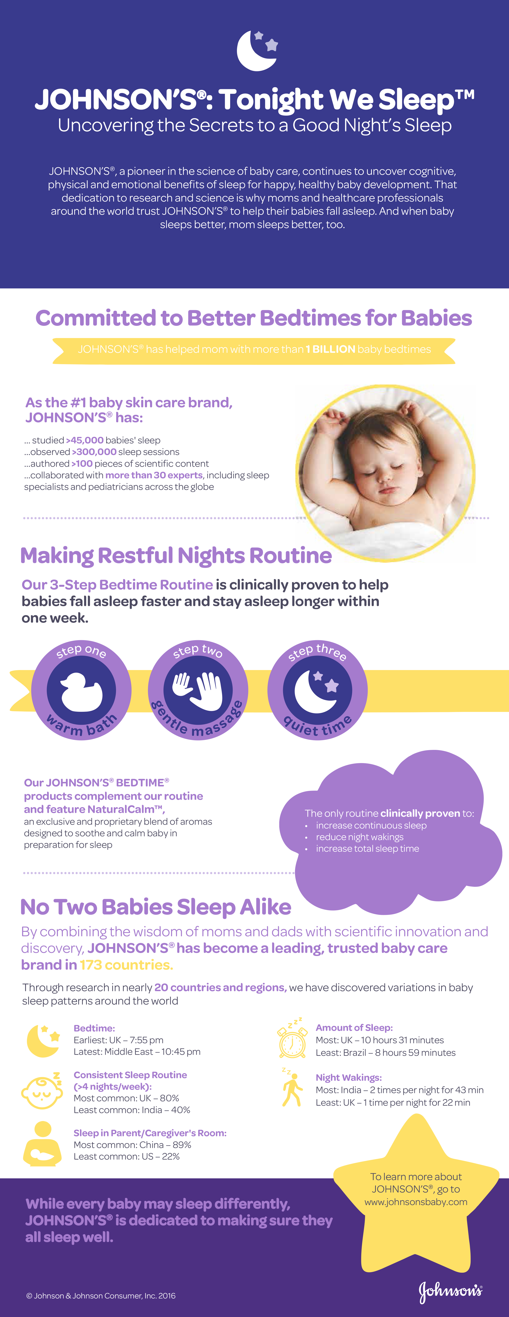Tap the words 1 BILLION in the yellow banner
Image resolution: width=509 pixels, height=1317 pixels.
coord(331,349)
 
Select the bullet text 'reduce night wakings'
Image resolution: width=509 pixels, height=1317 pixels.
coord(360,837)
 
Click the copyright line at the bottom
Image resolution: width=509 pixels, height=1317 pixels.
coord(101,1295)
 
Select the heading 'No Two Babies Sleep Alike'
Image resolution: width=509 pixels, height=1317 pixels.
coord(156,907)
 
